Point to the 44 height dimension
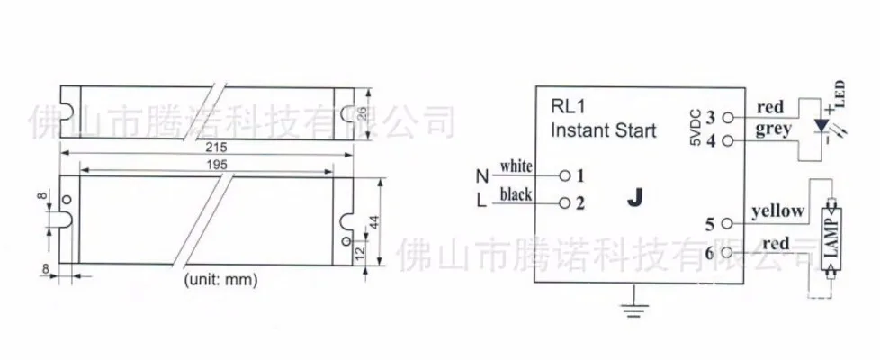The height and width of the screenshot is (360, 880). pyautogui.click(x=373, y=221)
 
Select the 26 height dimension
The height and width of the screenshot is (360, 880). pyautogui.click(x=362, y=114)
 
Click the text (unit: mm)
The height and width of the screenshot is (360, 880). pyautogui.click(x=220, y=280)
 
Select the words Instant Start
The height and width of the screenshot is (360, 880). pyautogui.click(x=604, y=130)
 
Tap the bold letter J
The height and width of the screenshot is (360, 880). pyautogui.click(x=634, y=198)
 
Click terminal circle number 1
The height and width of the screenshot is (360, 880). pyautogui.click(x=565, y=175)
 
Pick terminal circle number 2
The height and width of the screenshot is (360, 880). pyautogui.click(x=565, y=202)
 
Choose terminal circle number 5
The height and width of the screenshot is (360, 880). pyautogui.click(x=727, y=223)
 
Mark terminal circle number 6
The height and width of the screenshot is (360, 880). pyautogui.click(x=727, y=253)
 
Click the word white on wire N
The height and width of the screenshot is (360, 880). pyautogui.click(x=516, y=166)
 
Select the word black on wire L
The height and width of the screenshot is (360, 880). pyautogui.click(x=516, y=194)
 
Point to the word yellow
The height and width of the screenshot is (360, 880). pyautogui.click(x=777, y=211)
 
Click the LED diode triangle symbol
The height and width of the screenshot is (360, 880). pyautogui.click(x=822, y=126)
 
